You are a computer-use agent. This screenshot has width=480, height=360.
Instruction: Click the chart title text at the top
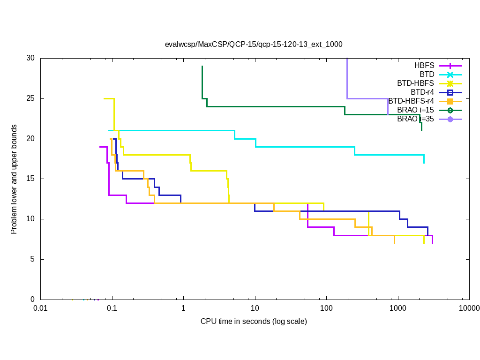pyautogui.click(x=254, y=45)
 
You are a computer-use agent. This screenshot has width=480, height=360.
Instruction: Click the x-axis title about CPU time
pyautogui.click(x=254, y=322)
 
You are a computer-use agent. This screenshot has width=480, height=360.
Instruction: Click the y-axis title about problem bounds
pyautogui.click(x=14, y=179)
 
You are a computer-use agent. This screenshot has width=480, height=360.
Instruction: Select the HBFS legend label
pyautogui.click(x=424, y=66)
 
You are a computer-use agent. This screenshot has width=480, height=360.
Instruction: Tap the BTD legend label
pyautogui.click(x=427, y=75)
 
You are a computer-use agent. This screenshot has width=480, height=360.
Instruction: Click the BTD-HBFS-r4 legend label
pyautogui.click(x=411, y=101)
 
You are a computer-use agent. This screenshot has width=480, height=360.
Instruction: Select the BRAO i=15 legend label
pyautogui.click(x=415, y=110)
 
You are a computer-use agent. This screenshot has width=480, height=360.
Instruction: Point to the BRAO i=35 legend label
pyautogui.click(x=415, y=119)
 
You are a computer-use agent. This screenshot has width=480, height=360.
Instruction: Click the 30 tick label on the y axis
pyautogui.click(x=30, y=59)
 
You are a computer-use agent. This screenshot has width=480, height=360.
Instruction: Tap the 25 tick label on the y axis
pyautogui.click(x=30, y=99)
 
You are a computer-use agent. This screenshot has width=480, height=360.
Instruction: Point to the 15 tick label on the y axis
pyautogui.click(x=30, y=179)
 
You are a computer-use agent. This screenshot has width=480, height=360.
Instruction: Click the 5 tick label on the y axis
pyautogui.click(x=32, y=259)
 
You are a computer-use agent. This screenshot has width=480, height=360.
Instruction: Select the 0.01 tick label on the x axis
pyautogui.click(x=40, y=308)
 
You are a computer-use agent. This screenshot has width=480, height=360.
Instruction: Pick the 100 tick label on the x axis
pyautogui.click(x=326, y=308)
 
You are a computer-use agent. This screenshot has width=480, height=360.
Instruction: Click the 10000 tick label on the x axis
pyautogui.click(x=469, y=308)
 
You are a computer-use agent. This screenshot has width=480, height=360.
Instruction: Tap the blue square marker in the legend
pyautogui.click(x=450, y=92)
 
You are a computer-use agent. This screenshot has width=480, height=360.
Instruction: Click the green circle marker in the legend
pyautogui.click(x=450, y=110)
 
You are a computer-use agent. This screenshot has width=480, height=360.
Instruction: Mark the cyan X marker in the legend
pyautogui.click(x=450, y=75)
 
